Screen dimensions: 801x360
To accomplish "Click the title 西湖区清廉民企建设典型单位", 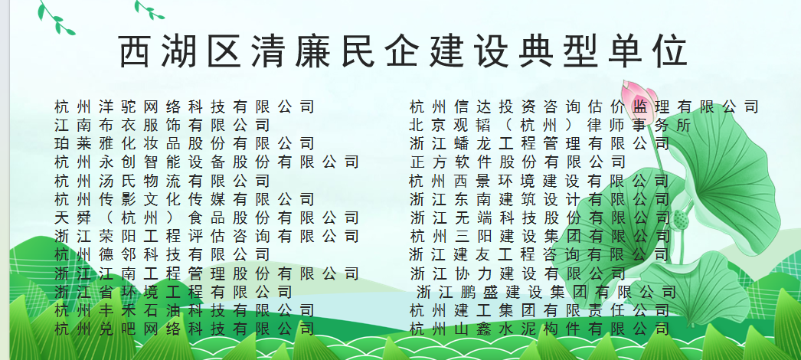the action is pos(403,51).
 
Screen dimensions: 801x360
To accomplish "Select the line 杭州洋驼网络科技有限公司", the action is pos(185,107).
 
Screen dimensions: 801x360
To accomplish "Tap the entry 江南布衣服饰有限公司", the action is pos(162,126).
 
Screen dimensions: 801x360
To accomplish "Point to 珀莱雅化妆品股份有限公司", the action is pos(185,144).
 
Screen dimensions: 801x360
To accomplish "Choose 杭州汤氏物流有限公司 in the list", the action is pos(162,181).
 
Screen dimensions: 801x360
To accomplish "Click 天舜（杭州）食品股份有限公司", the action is pos(207,218).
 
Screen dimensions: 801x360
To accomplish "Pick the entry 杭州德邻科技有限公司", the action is pos(162,255).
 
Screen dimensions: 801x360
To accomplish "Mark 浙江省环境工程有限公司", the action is pos(173,292).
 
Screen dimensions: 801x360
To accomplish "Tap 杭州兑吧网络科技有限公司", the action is pos(185,329).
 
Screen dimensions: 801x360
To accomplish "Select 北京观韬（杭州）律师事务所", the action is pos(550,126).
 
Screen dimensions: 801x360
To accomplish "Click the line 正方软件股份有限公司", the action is pos(518,162).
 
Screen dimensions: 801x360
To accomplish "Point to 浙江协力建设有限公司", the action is pos(518,273).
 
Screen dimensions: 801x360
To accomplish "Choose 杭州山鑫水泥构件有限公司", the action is pos(539,329).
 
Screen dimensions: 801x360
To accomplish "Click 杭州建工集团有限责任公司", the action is pos(539,310).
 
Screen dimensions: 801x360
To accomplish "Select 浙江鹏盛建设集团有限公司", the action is pos(546,293).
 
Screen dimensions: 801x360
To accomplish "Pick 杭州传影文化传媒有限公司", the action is pos(185,199).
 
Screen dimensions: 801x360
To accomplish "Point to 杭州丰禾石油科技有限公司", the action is pos(185,310).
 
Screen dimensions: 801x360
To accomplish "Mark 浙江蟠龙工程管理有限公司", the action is pos(539,144).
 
